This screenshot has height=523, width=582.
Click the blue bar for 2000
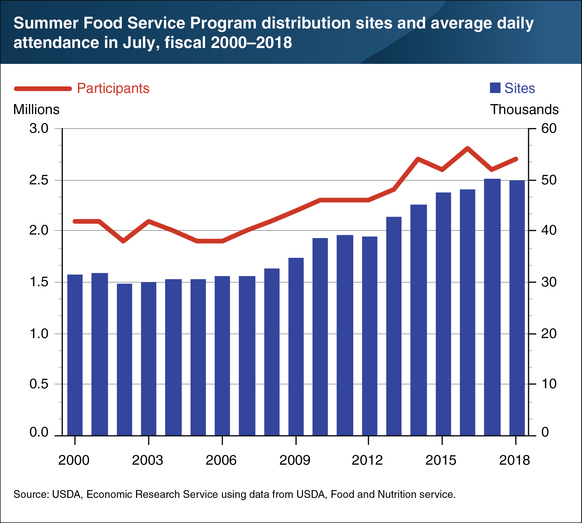point(75,355)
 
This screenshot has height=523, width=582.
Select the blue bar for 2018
point(517,307)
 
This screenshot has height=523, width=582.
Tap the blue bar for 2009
point(296,346)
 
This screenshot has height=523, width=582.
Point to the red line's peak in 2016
point(467,148)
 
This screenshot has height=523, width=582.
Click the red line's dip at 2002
point(123,241)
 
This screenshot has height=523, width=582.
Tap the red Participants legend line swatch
point(43,88)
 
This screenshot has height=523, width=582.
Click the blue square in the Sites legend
point(495,88)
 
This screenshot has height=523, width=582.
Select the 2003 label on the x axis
point(147,460)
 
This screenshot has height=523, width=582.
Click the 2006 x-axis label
point(221,460)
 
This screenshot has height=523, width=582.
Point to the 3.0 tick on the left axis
point(39,129)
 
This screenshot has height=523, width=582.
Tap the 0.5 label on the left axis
point(39,384)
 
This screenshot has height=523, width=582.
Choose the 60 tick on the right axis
point(549,129)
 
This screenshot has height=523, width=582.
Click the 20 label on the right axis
point(549,334)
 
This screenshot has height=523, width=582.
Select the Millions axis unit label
point(36,110)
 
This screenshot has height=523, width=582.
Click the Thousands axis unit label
point(524,110)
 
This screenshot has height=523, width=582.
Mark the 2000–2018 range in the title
point(251,42)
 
